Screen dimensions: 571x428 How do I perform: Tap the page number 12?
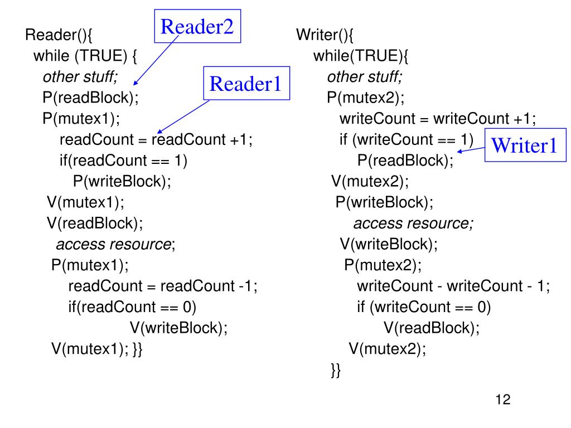503,400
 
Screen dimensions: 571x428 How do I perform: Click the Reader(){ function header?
59,35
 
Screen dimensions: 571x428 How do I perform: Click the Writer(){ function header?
325,35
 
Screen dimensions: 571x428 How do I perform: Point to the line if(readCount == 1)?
123,160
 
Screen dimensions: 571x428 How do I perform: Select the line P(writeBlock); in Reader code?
122,181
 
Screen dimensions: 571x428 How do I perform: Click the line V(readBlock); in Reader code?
95,223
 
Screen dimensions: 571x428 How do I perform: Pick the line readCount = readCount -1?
163,286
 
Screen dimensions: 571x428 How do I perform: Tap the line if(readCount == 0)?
132,307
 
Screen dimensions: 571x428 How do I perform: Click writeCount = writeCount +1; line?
438,119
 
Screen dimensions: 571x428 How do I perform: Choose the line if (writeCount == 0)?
424,307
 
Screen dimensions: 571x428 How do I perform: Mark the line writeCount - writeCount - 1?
453,286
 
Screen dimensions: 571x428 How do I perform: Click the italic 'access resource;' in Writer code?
413,223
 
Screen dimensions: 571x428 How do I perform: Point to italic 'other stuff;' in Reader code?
80,77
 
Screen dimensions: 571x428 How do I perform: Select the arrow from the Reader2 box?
156,60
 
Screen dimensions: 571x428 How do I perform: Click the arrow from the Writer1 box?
471,149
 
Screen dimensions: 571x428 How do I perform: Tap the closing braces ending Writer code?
336,370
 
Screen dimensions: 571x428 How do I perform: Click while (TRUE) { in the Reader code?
85,56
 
